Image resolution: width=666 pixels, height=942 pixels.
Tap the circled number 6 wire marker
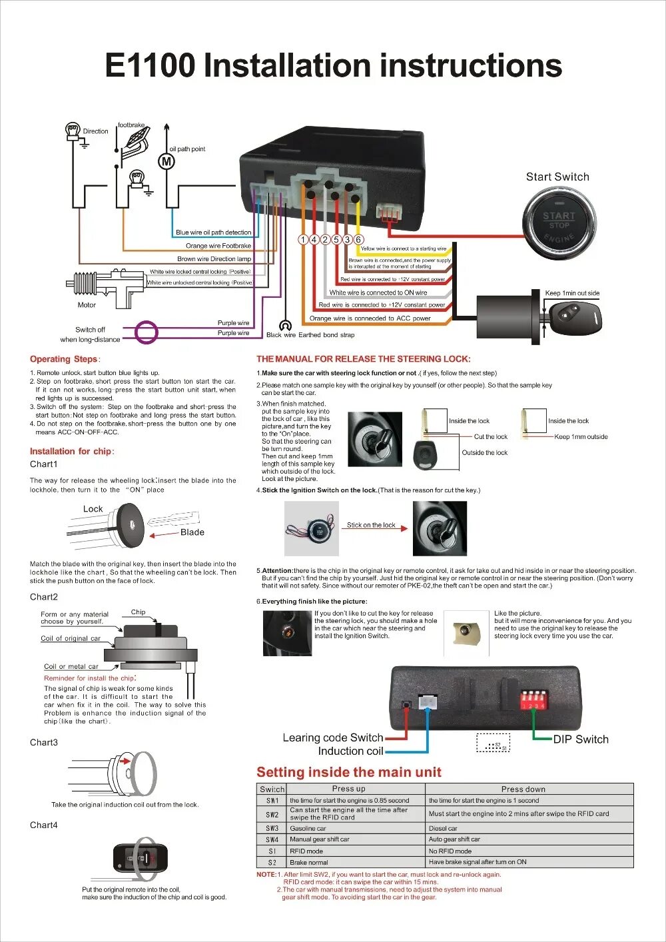[358, 240]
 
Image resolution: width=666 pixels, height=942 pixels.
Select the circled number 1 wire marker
[304, 240]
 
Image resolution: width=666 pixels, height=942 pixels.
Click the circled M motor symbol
[166, 161]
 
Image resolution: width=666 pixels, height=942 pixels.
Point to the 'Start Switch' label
[557, 177]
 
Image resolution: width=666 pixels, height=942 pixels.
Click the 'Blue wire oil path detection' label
[213, 233]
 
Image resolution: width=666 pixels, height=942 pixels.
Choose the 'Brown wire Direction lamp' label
[214, 259]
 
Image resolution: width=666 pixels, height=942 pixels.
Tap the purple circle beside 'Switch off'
[147, 332]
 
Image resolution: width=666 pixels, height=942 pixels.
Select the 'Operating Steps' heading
[64, 359]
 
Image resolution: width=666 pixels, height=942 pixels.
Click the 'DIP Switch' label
[581, 739]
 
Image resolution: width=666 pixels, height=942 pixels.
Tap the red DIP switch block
[533, 700]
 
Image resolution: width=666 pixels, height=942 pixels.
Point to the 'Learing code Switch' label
[332, 738]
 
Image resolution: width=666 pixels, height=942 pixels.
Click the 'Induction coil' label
[350, 751]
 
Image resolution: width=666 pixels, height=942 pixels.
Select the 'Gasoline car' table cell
[308, 829]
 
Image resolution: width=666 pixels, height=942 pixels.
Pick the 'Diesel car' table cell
[443, 829]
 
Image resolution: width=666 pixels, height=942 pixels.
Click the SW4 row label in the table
[272, 839]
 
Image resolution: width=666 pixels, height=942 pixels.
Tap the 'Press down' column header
[523, 789]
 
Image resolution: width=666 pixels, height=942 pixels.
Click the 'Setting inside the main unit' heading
[349, 773]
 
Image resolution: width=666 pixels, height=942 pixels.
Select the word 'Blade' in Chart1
[192, 532]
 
